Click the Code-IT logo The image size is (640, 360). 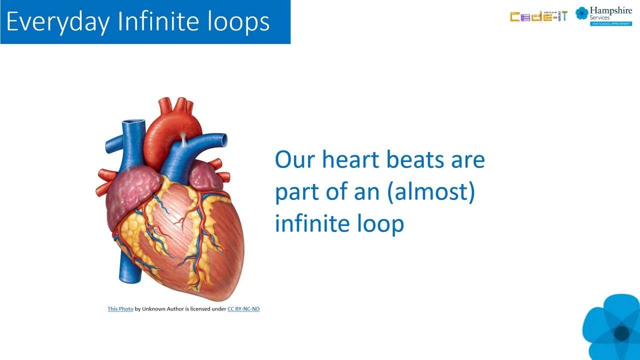tap(538, 16)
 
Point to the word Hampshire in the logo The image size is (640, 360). tap(611, 10)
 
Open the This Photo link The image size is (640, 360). tap(120, 309)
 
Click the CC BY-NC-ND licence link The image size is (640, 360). tap(243, 309)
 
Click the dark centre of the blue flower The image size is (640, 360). tap(621, 333)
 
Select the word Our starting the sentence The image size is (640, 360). tap(294, 159)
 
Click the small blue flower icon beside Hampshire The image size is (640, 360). tap(581, 13)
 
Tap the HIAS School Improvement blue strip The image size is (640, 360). tap(611, 23)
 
